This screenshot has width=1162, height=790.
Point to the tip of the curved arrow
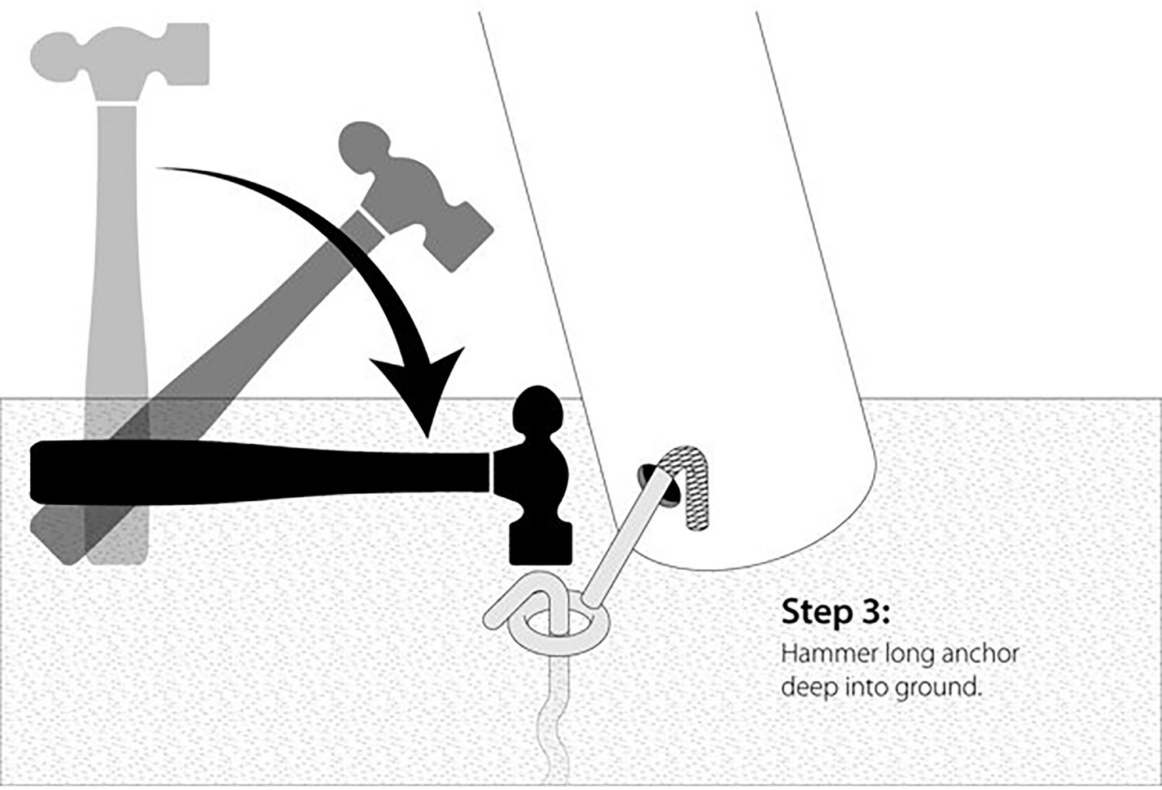(428, 437)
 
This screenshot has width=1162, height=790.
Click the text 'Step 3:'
(835, 612)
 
